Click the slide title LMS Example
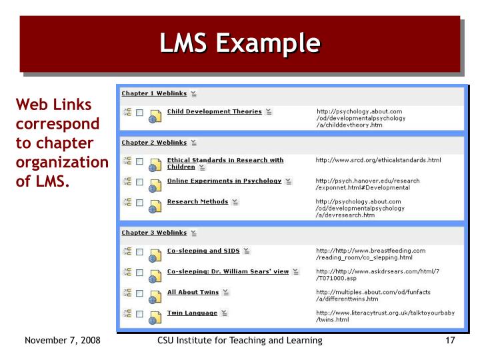pyautogui.click(x=239, y=43)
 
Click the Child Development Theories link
pyautogui.click(x=214, y=111)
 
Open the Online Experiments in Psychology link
pyautogui.click(x=224, y=181)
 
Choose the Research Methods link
pyautogui.click(x=197, y=201)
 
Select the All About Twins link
pyautogui.click(x=193, y=292)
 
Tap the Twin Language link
pyautogui.click(x=192, y=313)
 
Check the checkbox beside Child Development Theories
pyautogui.click(x=139, y=114)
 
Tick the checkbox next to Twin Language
pyautogui.click(x=139, y=315)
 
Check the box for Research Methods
pyautogui.click(x=139, y=204)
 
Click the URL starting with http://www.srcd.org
pyautogui.click(x=378, y=160)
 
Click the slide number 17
pyautogui.click(x=449, y=341)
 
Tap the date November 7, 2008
pyautogui.click(x=62, y=341)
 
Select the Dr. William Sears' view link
pyautogui.click(x=227, y=271)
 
